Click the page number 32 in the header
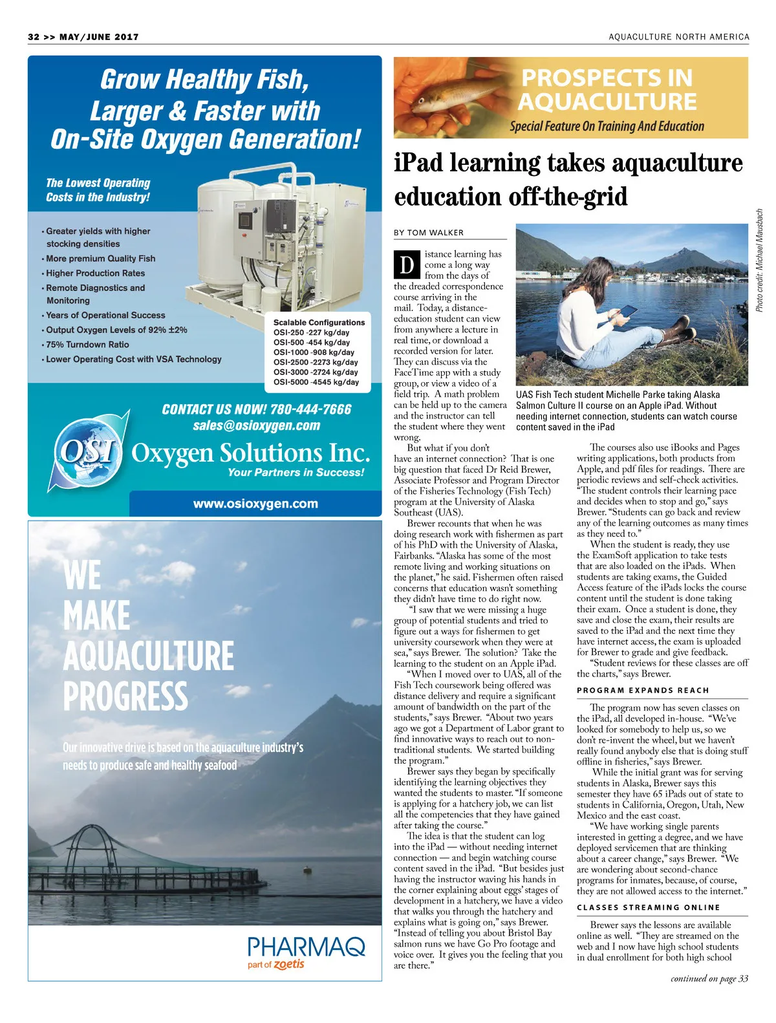tap(34, 37)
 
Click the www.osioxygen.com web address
tap(255, 504)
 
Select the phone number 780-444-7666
tap(311, 409)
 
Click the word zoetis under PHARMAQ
tap(288, 964)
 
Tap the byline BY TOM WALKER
tap(429, 233)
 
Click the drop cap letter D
tap(407, 265)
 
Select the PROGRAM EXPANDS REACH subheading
tap(643, 691)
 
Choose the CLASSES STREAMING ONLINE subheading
tap(648, 908)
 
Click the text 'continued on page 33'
tap(709, 979)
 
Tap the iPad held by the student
tap(628, 312)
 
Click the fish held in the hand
tap(440, 97)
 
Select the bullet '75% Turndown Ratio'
tap(87, 345)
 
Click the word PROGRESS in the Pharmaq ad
tap(125, 696)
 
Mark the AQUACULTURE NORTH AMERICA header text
tap(678, 37)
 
